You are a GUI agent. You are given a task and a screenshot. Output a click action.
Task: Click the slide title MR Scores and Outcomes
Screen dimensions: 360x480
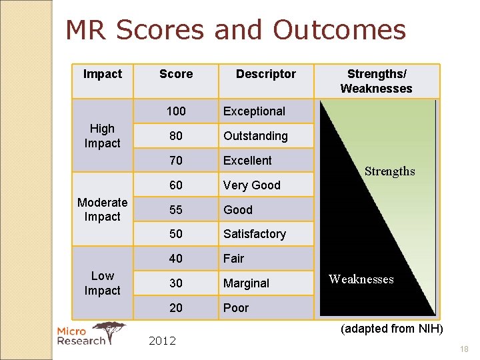coord(235,30)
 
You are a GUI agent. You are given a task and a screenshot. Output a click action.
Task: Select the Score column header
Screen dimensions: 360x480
coord(176,74)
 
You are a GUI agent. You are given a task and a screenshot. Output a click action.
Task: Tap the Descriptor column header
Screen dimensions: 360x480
coord(265,74)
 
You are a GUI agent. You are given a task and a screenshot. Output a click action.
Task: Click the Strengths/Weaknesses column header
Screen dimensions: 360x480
coord(376,81)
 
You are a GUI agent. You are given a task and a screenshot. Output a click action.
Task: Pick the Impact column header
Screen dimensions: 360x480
coord(103,74)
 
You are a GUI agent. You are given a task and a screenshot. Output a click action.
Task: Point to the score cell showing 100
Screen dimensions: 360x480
coord(176,111)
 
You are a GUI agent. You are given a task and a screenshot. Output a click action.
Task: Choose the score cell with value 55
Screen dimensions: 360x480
coord(176,209)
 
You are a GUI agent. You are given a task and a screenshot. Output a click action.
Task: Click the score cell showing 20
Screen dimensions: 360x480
coord(176,307)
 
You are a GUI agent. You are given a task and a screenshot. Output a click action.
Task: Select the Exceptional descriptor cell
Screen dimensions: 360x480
coord(254,111)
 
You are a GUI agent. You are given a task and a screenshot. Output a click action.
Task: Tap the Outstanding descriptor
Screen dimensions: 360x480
coord(255,136)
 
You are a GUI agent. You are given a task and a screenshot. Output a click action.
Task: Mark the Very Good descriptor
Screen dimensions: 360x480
coord(251,185)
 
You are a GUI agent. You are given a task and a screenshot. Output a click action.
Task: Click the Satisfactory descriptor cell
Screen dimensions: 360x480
coord(254,234)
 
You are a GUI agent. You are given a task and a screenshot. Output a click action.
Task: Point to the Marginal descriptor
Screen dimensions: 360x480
coord(246,283)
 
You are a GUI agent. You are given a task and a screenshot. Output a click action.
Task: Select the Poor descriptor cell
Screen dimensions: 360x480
coord(236,308)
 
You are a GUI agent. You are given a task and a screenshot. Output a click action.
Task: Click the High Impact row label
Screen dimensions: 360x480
coord(103,136)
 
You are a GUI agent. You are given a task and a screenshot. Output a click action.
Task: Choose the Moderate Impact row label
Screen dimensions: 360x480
coord(103,209)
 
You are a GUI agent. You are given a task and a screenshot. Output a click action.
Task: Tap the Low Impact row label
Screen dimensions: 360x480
coord(103,283)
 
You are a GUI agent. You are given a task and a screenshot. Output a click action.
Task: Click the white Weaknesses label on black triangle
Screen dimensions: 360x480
coord(361,279)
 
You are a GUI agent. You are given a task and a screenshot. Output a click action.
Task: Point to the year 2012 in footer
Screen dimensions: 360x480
coord(162,341)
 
